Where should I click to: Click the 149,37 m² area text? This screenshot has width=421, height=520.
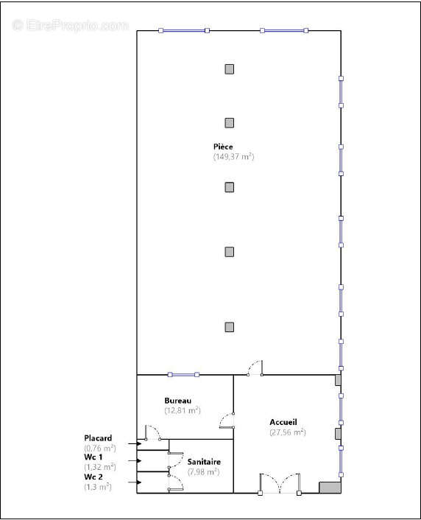pos(233,156)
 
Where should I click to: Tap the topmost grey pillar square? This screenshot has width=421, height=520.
pos(230,69)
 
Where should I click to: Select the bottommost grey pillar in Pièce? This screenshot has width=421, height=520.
pos(230,327)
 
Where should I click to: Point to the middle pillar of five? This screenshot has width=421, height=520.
pos(230,187)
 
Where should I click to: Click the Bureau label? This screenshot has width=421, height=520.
pos(178,401)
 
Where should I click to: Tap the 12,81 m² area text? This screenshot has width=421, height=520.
pos(183,410)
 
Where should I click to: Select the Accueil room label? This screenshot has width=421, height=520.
pos(283,422)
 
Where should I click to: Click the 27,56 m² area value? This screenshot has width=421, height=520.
pos(287,432)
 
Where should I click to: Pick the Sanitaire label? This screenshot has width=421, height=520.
pos(204,462)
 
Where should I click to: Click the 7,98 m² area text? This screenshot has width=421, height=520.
pos(204,471)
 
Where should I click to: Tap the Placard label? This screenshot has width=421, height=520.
pos(98,438)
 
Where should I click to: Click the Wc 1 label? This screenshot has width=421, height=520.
pos(93,457)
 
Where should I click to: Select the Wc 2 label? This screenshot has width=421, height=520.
pos(93,477)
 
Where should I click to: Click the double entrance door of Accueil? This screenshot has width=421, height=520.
pos(280,485)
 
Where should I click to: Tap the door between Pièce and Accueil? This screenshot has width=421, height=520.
pos(255,368)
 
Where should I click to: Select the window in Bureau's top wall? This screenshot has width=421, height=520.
pos(183,375)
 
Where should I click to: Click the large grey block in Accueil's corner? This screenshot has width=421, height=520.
pos(329,487)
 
